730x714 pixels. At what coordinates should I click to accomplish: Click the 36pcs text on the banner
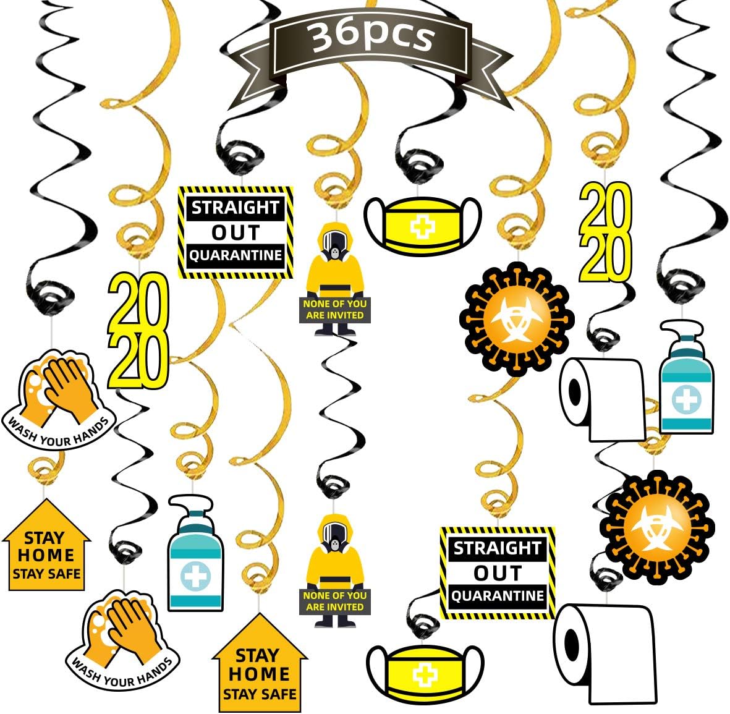pyautogui.click(x=372, y=36)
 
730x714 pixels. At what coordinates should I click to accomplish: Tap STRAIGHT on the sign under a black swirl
pyautogui.click(x=236, y=207)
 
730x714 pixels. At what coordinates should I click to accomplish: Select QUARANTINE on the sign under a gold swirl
pyautogui.click(x=498, y=596)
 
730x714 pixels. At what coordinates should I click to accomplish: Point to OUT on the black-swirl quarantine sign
pyautogui.click(x=236, y=232)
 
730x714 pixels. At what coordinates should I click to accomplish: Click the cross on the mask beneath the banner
pyautogui.click(x=423, y=227)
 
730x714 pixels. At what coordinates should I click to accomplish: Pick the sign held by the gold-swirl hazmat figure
pyautogui.click(x=334, y=310)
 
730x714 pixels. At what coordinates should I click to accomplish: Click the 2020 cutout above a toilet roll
pyautogui.click(x=605, y=232)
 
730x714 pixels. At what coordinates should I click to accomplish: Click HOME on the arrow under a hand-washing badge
pyautogui.click(x=46, y=555)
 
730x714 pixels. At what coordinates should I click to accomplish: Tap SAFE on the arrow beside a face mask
pyautogui.click(x=277, y=694)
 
